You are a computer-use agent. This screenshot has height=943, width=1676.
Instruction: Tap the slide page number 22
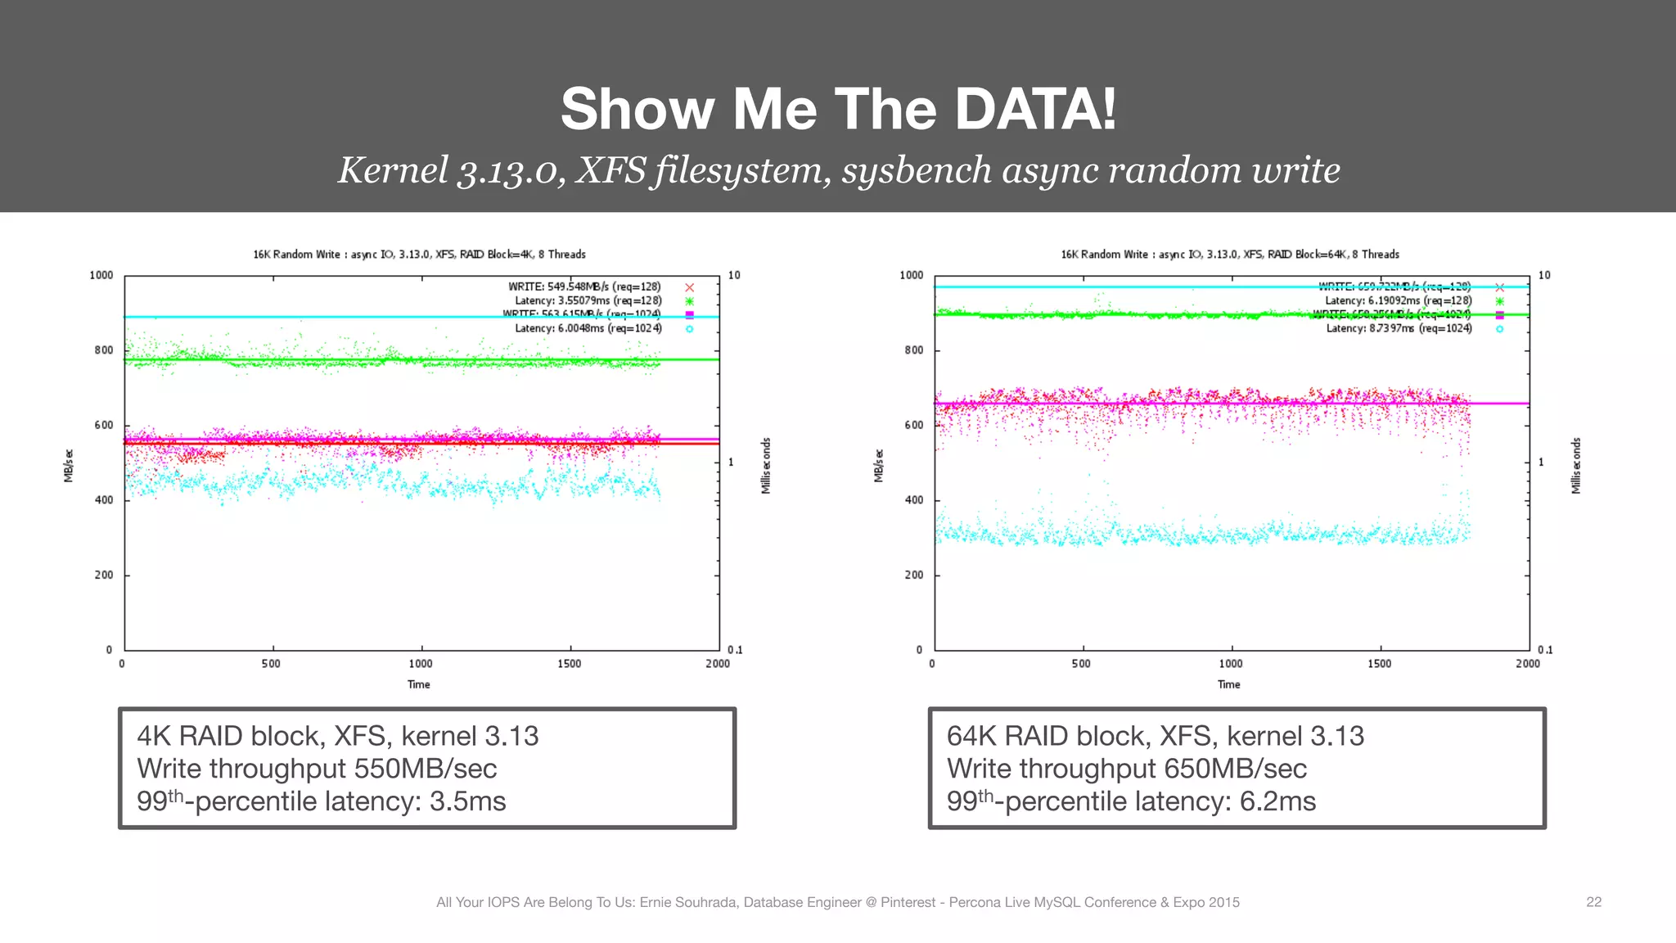pos(1593,901)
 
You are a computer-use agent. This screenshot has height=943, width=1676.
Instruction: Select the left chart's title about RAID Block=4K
pos(419,255)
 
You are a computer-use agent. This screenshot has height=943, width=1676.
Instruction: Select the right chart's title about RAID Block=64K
pos(1229,255)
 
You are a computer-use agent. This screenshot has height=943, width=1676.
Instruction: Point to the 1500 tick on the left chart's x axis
pos(570,664)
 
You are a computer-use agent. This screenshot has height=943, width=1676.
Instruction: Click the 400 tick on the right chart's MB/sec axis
pos(913,500)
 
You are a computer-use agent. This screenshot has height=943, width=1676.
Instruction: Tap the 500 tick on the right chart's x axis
pos(1081,664)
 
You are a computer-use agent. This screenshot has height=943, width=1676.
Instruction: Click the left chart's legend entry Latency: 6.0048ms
pos(588,328)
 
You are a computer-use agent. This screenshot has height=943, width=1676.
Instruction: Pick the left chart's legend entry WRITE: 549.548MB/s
pos(584,287)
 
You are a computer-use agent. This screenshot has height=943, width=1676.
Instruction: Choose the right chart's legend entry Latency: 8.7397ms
pos(1399,328)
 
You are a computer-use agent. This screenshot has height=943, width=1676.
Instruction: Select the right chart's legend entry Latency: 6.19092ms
pos(1398,300)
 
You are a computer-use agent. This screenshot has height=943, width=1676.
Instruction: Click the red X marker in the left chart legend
pos(689,287)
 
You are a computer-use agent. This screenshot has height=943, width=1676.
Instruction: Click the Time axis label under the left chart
pos(419,684)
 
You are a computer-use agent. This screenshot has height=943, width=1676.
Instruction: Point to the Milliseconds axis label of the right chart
pos(1576,465)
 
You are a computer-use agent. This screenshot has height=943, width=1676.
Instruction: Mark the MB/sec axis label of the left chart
pos(69,465)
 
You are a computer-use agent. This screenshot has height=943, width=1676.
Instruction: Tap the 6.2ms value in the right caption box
pos(1277,801)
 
